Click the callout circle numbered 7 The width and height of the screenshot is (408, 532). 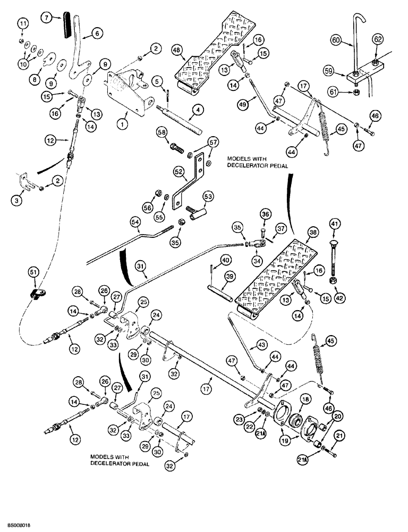[48, 19]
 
